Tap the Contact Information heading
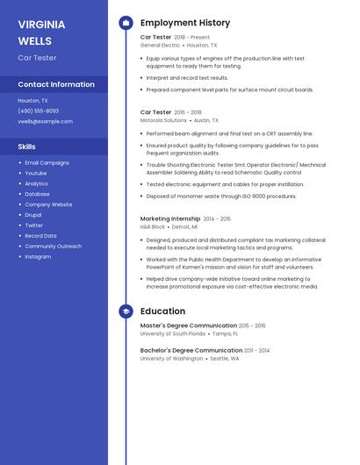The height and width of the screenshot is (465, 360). pos(56,84)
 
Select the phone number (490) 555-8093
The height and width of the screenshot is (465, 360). pos(39,111)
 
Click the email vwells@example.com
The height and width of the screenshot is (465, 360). pos(46,121)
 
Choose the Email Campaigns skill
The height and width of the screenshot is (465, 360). pos(46,163)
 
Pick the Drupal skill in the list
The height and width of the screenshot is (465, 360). pos(33,215)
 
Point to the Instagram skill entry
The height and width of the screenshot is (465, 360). pos(38,257)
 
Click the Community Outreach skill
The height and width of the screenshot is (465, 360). pos(54,247)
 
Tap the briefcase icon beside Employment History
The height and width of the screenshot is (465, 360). pos(126,23)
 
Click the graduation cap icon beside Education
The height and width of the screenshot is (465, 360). pos(126,311)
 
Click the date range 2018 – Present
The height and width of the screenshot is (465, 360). pos(192,38)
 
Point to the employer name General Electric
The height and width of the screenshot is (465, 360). pos(160,45)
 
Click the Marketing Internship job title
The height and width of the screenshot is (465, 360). pos(170,218)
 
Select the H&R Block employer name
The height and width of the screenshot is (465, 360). pos(153,226)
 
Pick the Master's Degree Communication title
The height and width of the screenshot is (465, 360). pos(188,325)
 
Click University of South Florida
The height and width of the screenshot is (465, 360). pos(173,333)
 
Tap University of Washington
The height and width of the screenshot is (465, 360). pos(171,358)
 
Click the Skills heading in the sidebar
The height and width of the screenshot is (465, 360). pos(27,147)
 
